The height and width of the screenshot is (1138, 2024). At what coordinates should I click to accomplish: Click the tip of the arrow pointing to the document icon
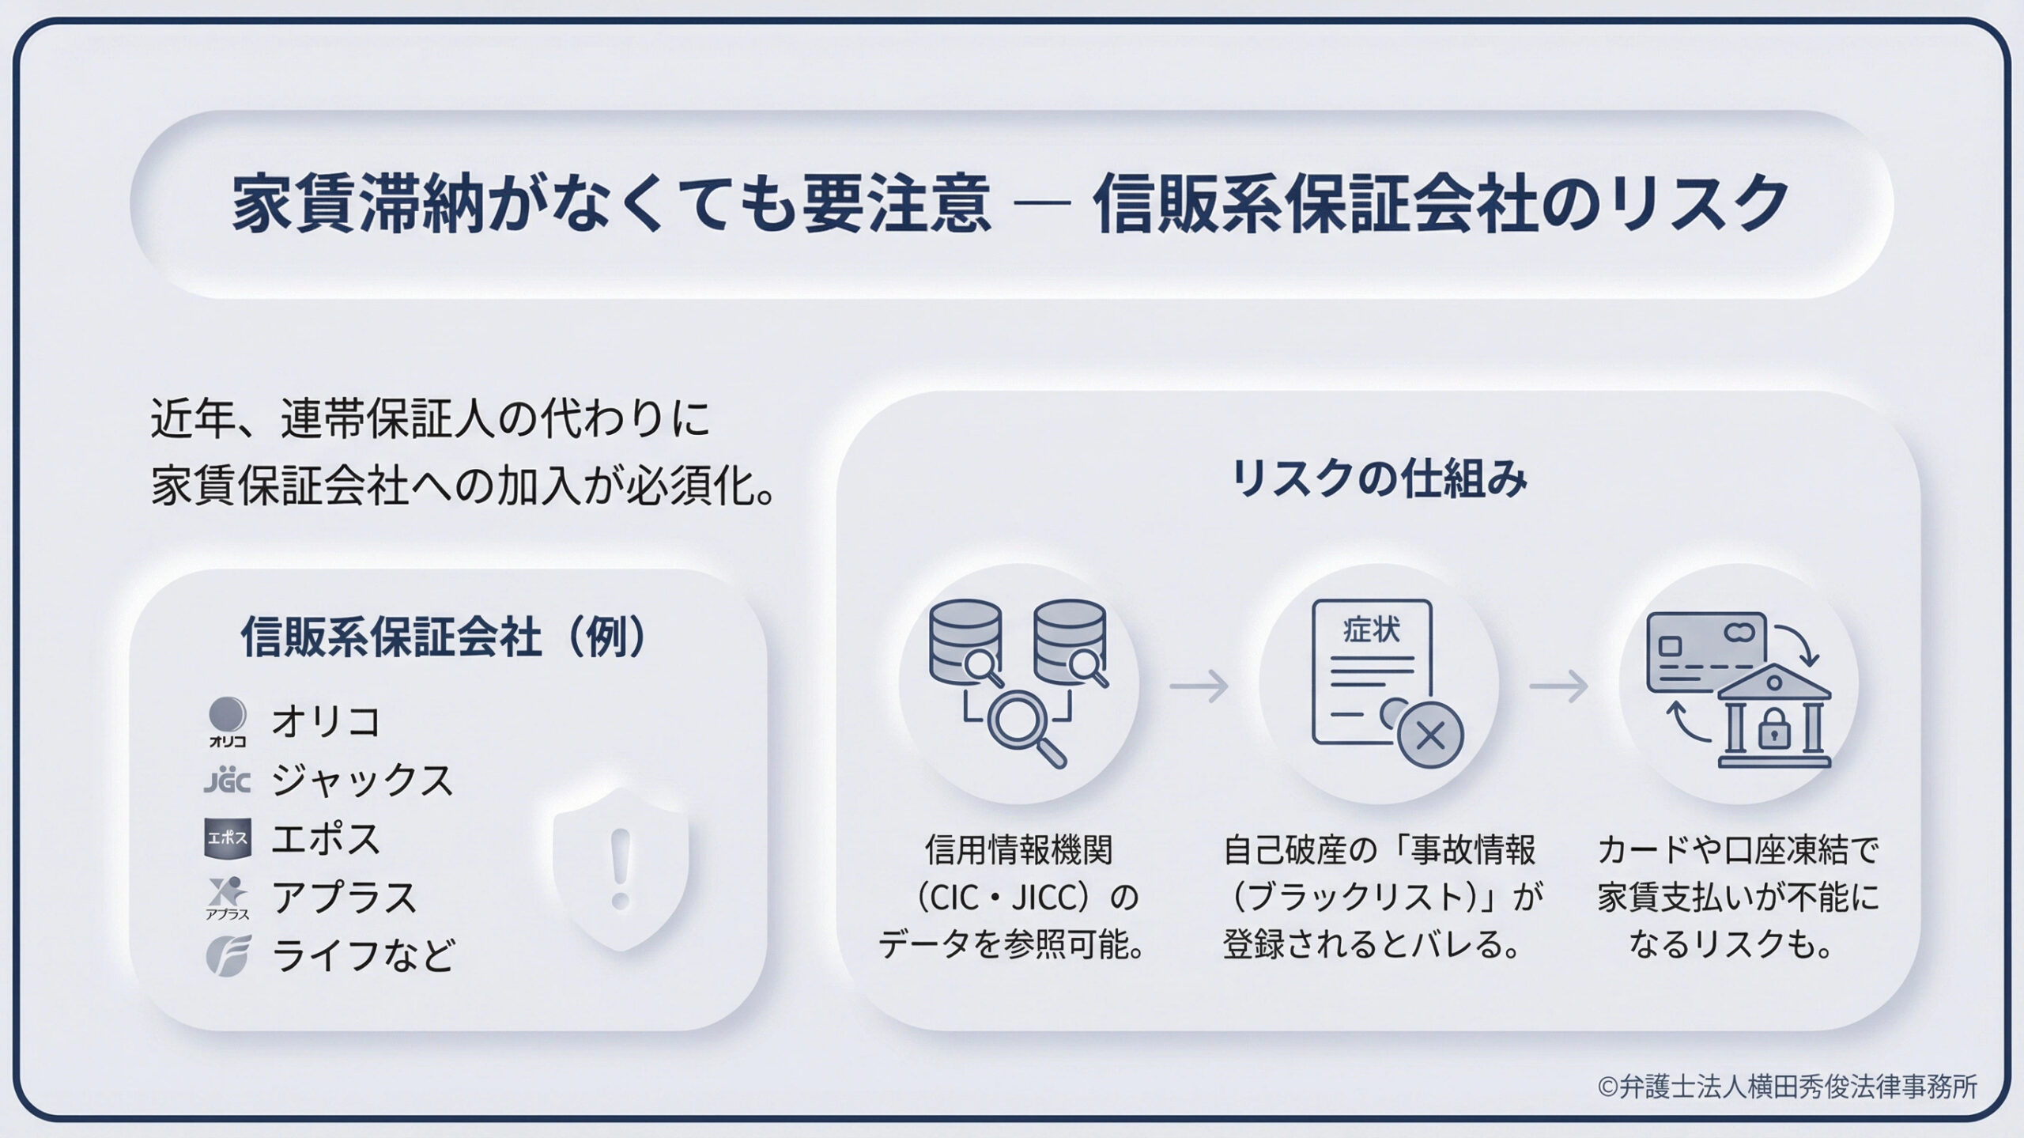(1228, 686)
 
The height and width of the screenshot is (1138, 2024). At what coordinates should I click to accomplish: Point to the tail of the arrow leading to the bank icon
(1531, 686)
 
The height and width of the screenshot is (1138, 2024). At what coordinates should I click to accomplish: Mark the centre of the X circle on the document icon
(1430, 735)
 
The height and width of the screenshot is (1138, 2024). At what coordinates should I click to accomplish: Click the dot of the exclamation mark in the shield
(621, 900)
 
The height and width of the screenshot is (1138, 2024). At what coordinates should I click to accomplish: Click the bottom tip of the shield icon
(621, 951)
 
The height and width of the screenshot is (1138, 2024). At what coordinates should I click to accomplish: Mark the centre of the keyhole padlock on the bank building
(1773, 732)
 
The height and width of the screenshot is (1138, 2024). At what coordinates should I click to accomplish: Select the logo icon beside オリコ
(227, 721)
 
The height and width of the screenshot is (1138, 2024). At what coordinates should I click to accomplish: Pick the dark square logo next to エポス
(228, 838)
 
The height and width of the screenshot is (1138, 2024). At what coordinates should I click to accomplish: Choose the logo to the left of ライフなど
(228, 955)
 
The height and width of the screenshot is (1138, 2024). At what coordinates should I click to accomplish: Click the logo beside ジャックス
(227, 781)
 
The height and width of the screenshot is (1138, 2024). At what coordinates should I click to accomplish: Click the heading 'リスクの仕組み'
(1379, 478)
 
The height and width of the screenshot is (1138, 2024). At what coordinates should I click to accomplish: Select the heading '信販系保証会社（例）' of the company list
(444, 637)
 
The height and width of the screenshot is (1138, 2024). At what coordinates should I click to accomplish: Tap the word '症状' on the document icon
(1371, 630)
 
